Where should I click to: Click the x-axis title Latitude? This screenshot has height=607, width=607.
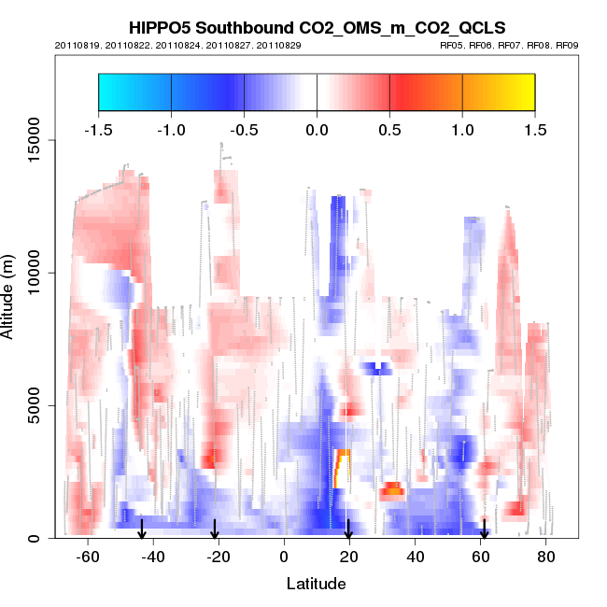[x=316, y=584]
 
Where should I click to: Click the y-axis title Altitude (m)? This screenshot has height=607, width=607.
[x=11, y=296]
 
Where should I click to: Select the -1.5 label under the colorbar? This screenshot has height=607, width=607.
[x=98, y=129]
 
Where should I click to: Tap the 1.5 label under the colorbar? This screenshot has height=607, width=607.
[x=535, y=129]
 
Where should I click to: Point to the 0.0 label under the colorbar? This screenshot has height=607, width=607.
[x=317, y=129]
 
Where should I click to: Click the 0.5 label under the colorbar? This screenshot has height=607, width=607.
[x=389, y=129]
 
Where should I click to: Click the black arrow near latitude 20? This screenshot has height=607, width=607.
[x=348, y=529]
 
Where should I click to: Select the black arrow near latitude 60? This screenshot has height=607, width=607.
[x=484, y=529]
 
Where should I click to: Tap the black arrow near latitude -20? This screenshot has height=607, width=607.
[x=215, y=529]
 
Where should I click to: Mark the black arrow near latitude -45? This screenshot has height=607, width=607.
[x=142, y=529]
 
